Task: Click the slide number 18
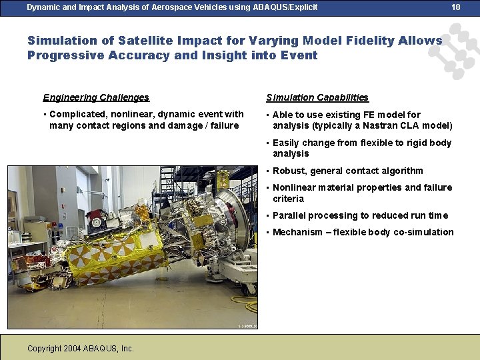(456, 7)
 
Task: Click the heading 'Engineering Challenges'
(96, 97)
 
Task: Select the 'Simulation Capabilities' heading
(317, 97)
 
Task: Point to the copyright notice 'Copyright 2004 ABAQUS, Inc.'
(81, 349)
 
